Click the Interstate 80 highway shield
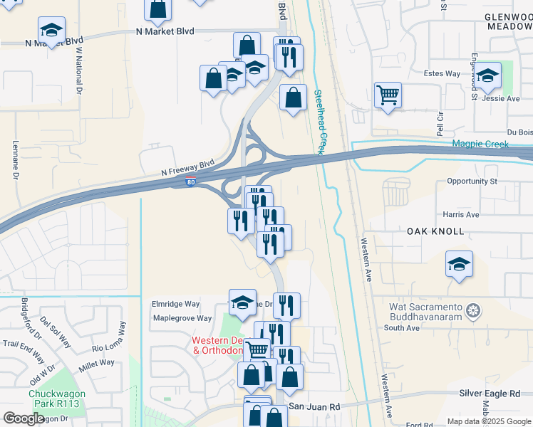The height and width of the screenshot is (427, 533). click(190, 183)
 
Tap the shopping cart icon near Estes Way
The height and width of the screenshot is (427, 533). click(388, 95)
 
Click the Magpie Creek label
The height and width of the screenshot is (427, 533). click(481, 144)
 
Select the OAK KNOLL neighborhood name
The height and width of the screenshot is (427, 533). click(435, 232)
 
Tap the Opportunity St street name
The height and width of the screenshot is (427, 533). click(472, 181)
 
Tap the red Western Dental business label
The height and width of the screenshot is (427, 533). click(218, 345)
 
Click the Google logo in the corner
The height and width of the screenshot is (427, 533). click(24, 418)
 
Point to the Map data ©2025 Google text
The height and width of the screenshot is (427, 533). click(488, 421)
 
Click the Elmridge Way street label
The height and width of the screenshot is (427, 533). click(175, 303)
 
